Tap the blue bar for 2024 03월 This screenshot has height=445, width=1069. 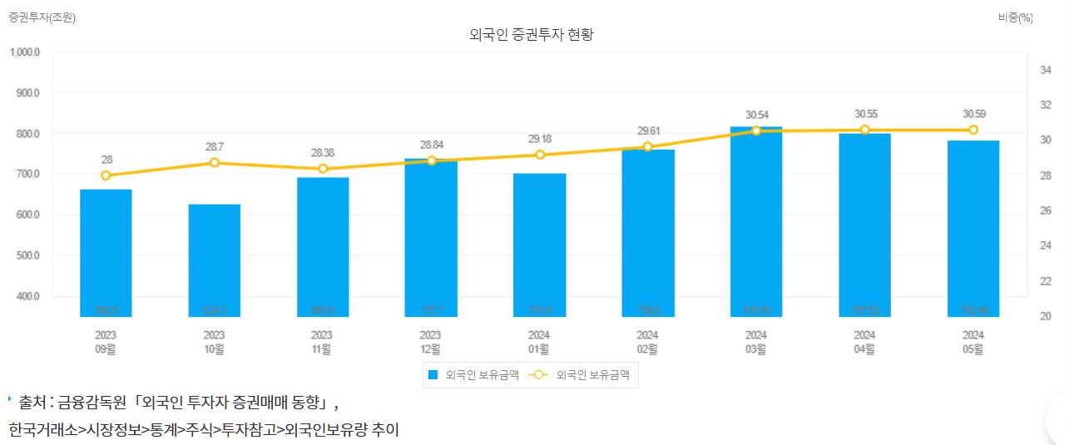pos(756,221)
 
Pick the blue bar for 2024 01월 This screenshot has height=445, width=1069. pos(539,245)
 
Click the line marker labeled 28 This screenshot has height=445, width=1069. pos(106,176)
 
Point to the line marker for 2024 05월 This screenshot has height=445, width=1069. pos(972,130)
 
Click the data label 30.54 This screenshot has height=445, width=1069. pos(756,114)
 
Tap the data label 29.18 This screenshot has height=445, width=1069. pos(539,138)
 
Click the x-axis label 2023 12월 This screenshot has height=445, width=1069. pos(431,342)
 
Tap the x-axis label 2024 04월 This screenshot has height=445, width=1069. pos(864,342)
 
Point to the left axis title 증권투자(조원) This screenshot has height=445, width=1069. pos(42,17)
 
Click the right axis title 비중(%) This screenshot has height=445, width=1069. pos(1015,17)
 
